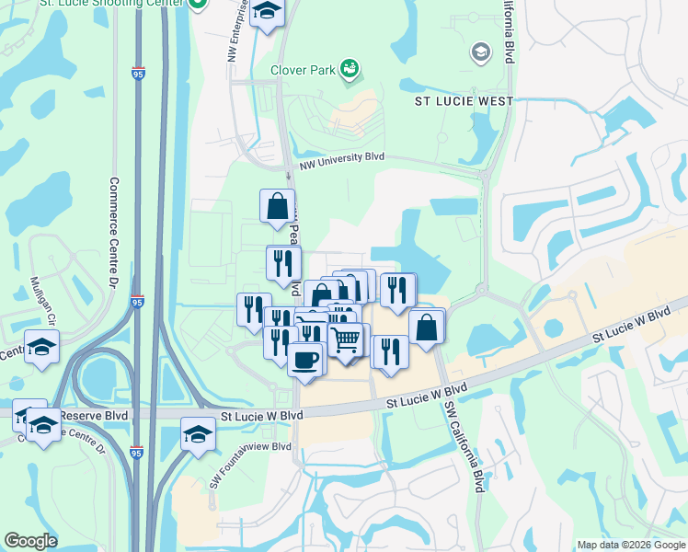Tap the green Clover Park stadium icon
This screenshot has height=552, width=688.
point(349,67)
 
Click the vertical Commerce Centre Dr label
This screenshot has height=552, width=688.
point(114,230)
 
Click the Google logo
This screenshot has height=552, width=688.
point(31,541)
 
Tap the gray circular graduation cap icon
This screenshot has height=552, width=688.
point(479,52)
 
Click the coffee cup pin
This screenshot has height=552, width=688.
point(305,357)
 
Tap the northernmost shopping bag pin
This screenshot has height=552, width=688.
point(277,207)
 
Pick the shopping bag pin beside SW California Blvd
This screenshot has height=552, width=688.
point(427,327)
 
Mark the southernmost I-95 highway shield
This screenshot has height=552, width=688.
point(137,452)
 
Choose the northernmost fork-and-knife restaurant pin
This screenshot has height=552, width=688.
point(283,263)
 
